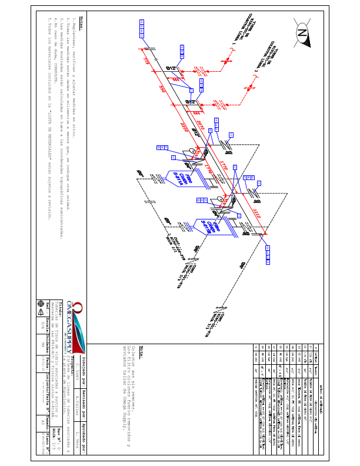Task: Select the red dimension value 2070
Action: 201,125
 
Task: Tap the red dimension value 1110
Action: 255,212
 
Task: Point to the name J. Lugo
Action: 76,367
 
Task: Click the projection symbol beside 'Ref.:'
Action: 41,304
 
